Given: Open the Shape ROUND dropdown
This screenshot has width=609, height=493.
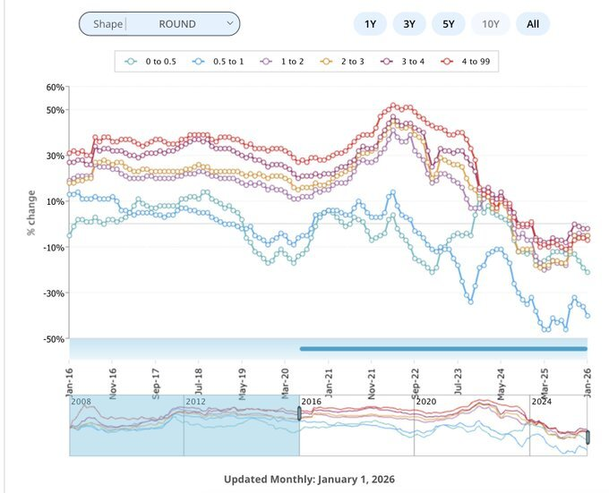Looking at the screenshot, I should [x=159, y=24].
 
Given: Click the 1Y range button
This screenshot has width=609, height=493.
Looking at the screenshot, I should [x=370, y=24].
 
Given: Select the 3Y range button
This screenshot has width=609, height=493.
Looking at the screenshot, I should [x=408, y=24].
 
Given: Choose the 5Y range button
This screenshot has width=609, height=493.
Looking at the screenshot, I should [x=448, y=24].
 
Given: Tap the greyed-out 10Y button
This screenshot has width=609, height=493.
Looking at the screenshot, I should [x=490, y=24].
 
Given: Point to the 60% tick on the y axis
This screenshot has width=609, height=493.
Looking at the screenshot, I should [x=55, y=88].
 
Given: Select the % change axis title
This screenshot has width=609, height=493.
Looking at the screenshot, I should [x=30, y=213].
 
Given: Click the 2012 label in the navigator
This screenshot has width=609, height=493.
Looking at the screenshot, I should [x=196, y=402].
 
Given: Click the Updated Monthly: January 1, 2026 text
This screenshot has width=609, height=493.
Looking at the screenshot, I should [x=310, y=480].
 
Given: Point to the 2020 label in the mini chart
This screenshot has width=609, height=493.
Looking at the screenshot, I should [x=428, y=402].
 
